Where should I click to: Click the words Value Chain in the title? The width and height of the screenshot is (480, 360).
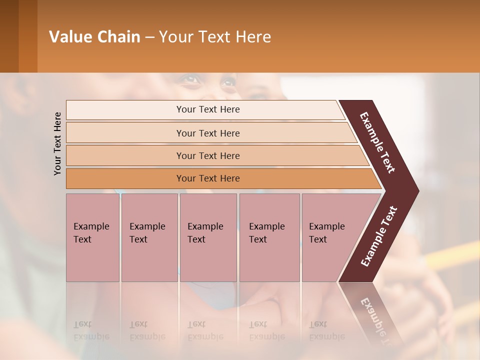pos(94,37)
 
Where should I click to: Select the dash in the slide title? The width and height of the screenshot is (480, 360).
pos(149,37)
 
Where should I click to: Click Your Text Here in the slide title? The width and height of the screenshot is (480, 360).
pos(215,37)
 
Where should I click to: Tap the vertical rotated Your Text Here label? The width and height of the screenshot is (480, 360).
pos(57,143)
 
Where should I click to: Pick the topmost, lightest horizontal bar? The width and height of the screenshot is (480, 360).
pos(205,109)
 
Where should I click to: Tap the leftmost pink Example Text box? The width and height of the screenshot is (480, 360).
pos(92,237)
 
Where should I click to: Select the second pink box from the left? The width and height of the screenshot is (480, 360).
pos(149,237)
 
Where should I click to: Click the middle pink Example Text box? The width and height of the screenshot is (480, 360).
pos(208,237)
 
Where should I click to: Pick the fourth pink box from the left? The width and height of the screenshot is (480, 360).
pos(269,237)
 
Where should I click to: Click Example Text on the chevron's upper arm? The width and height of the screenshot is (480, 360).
pos(377,142)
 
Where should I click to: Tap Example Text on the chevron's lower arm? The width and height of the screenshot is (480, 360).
pos(379,236)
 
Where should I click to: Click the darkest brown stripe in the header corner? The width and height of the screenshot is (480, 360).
pos(9,36)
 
